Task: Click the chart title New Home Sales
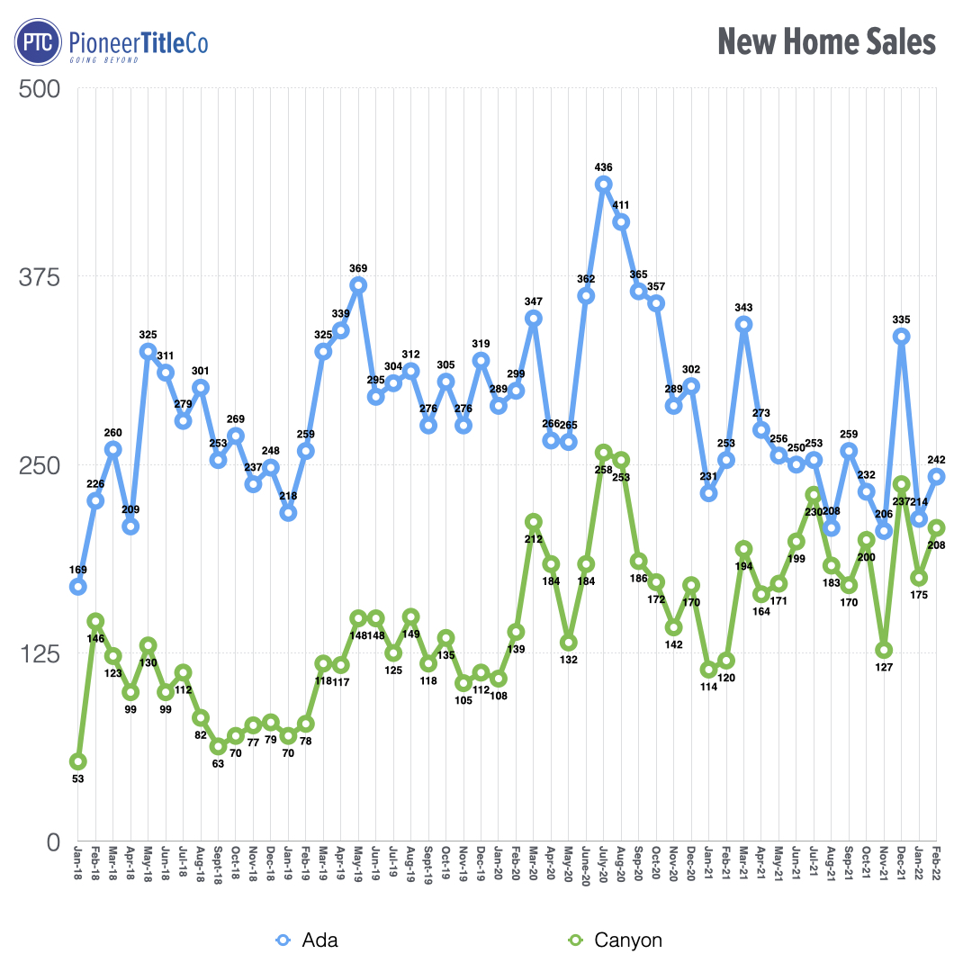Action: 826,42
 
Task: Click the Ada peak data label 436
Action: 603,167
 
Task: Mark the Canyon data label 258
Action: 603,470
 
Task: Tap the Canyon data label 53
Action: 78,779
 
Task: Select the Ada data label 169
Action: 78,570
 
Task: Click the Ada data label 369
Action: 358,268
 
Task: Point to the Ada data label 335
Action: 901,319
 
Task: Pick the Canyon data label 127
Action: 884,668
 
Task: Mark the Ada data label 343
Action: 743,308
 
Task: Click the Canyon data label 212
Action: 533,538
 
